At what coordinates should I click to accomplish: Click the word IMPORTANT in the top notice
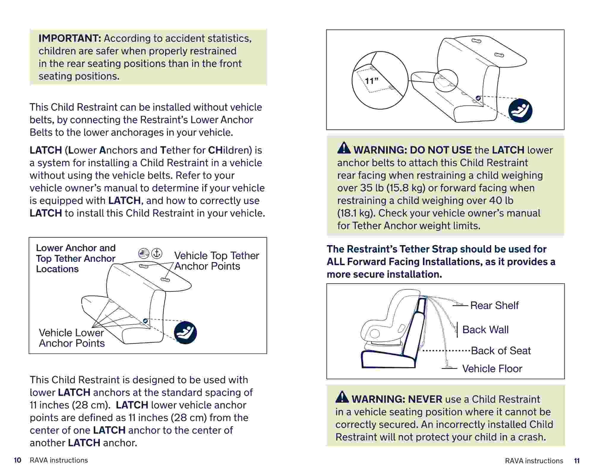[70, 38]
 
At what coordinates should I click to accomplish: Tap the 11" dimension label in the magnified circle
[371, 81]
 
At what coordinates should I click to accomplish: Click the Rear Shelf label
[494, 305]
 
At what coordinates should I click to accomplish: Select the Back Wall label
[485, 330]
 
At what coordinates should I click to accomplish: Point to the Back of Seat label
[501, 351]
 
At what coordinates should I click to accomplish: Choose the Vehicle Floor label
[492, 369]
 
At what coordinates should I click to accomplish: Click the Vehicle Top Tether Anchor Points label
[217, 261]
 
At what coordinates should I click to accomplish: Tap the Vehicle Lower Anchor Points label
[72, 338]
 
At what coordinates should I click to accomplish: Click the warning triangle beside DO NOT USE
[344, 148]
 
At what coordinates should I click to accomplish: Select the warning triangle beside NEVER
[342, 397]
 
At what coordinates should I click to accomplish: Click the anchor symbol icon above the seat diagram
[157, 253]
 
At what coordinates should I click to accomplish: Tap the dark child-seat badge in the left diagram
[185, 333]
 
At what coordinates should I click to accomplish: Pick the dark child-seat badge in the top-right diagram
[520, 111]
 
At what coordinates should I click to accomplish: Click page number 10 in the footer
[18, 460]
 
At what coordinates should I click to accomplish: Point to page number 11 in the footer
[577, 461]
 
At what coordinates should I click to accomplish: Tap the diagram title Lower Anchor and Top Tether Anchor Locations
[75, 258]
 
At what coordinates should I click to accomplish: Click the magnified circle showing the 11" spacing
[380, 80]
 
